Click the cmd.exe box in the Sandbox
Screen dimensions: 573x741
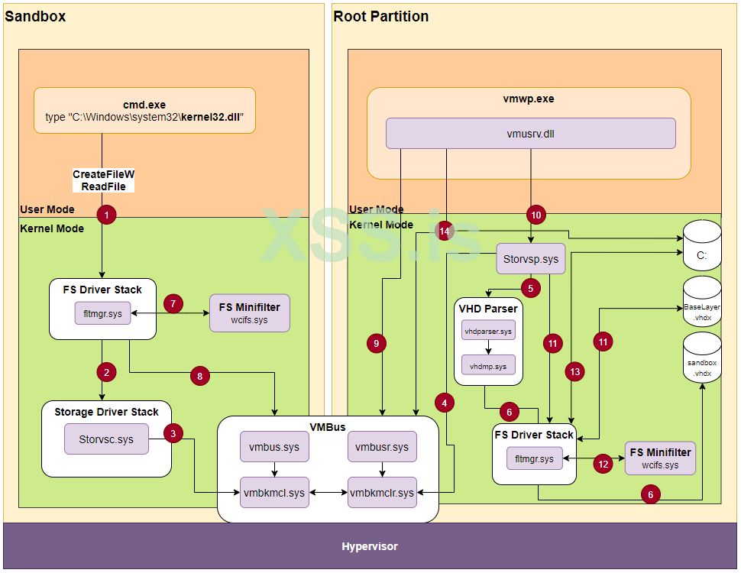point(144,111)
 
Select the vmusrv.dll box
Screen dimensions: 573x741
point(531,134)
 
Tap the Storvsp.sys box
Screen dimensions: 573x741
point(531,259)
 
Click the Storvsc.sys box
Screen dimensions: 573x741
point(106,439)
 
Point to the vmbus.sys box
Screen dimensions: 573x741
point(274,447)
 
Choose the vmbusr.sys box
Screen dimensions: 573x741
point(383,447)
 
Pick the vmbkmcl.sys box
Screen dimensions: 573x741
point(274,493)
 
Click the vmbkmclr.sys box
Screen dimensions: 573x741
point(383,493)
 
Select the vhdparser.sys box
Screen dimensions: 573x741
point(489,331)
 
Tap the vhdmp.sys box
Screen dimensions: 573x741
point(489,367)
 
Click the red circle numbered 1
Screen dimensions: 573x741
point(106,215)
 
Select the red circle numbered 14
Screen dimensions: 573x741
point(445,230)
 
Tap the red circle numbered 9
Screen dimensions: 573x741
point(376,345)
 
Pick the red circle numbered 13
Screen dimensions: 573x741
point(574,371)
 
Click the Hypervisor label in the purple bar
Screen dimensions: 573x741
point(370,546)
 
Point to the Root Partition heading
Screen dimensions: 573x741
point(381,16)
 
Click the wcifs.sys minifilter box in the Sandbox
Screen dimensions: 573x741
point(250,313)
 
